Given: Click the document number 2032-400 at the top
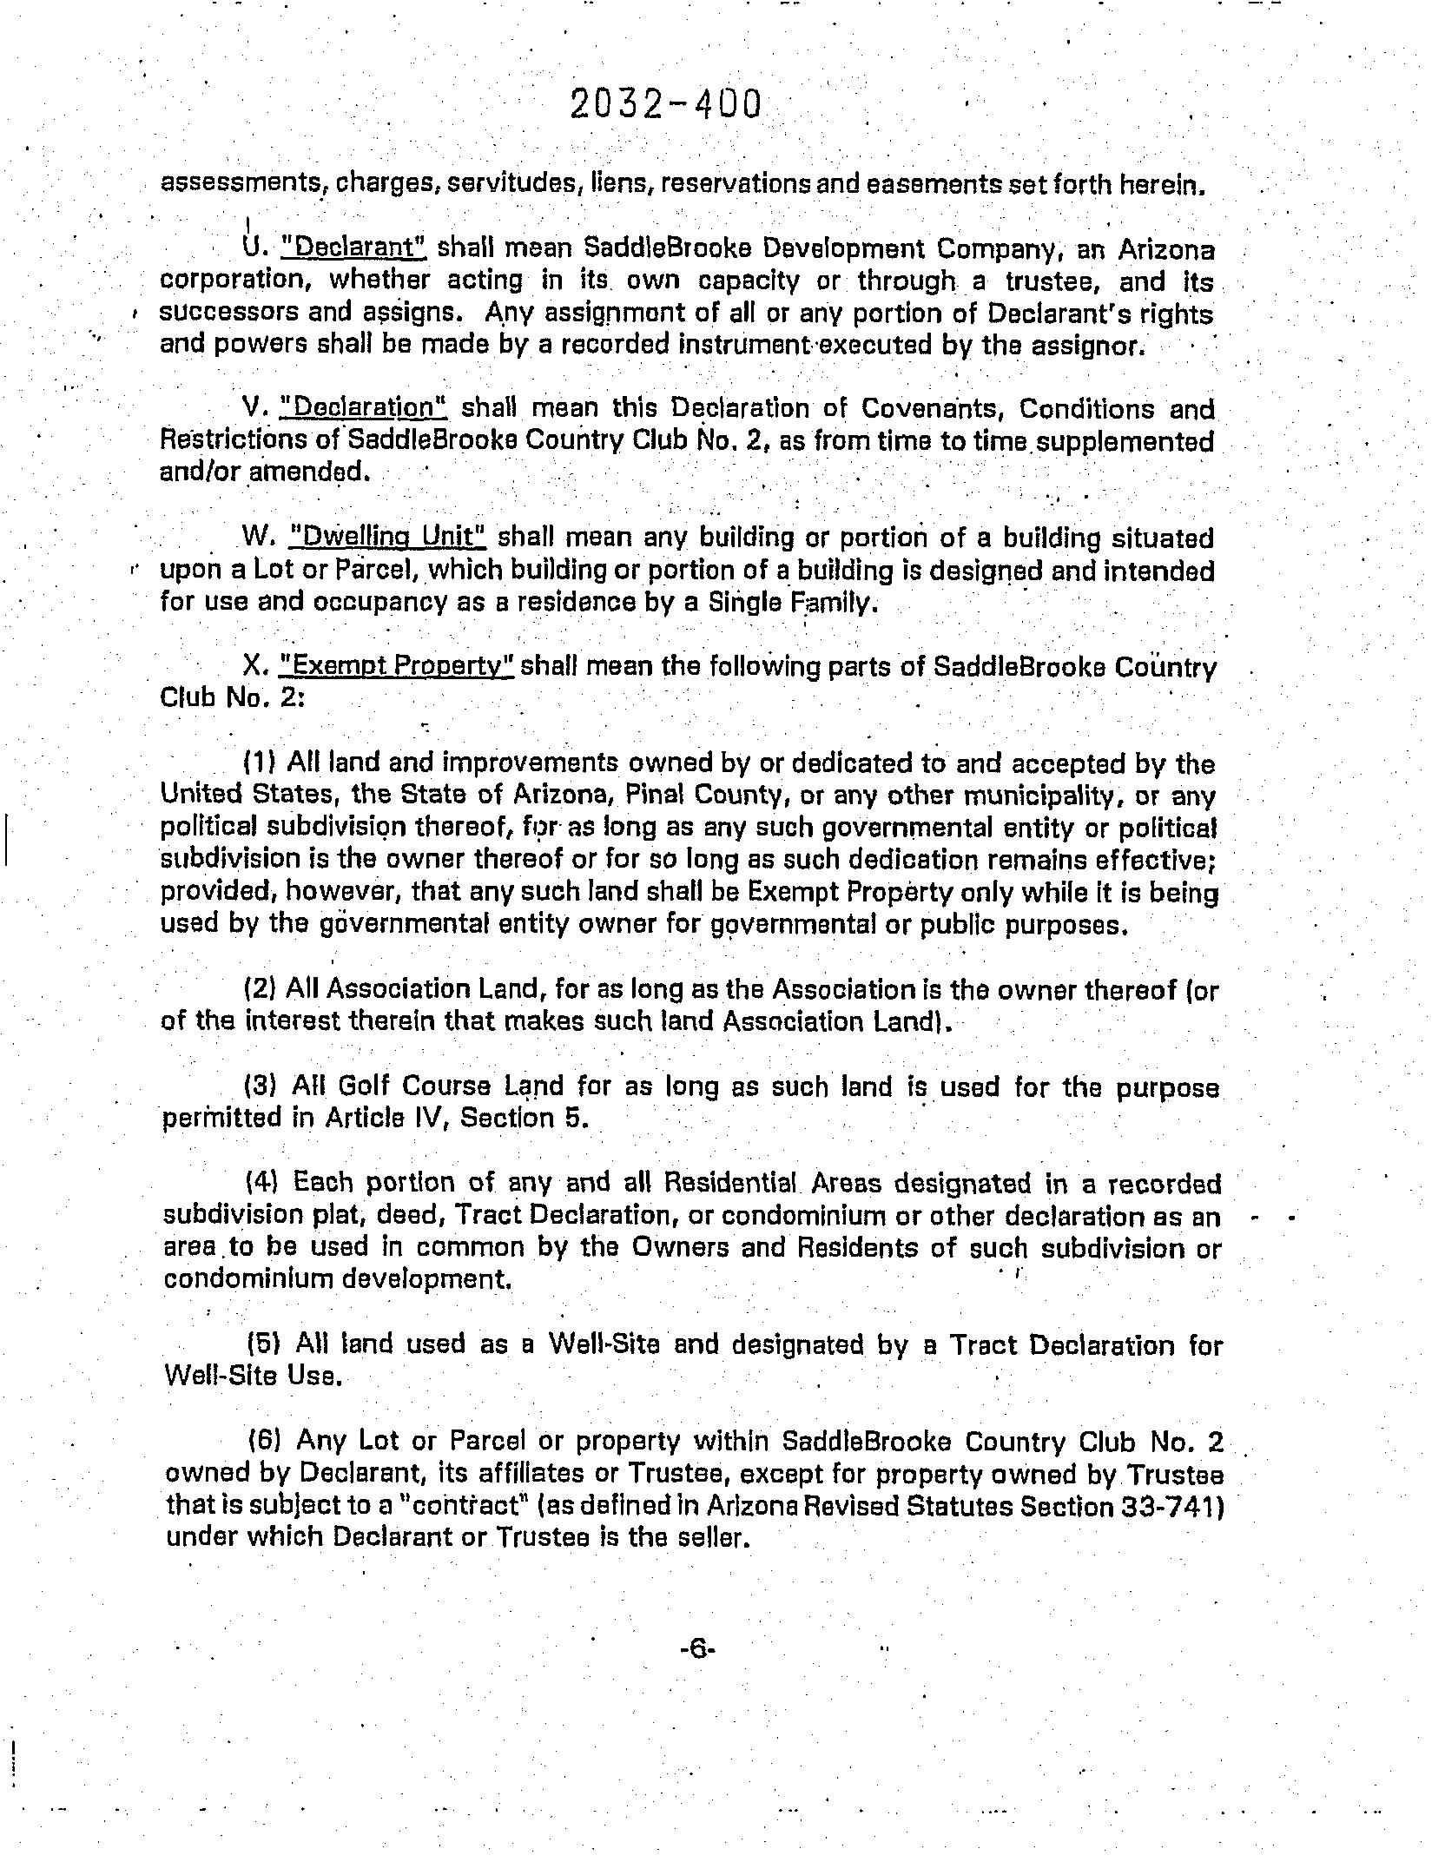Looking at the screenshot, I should click(x=666, y=104).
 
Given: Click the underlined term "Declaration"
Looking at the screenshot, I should click(x=365, y=407).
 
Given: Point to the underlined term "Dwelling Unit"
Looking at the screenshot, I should click(x=386, y=537).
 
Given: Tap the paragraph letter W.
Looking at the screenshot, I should click(x=257, y=537).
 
